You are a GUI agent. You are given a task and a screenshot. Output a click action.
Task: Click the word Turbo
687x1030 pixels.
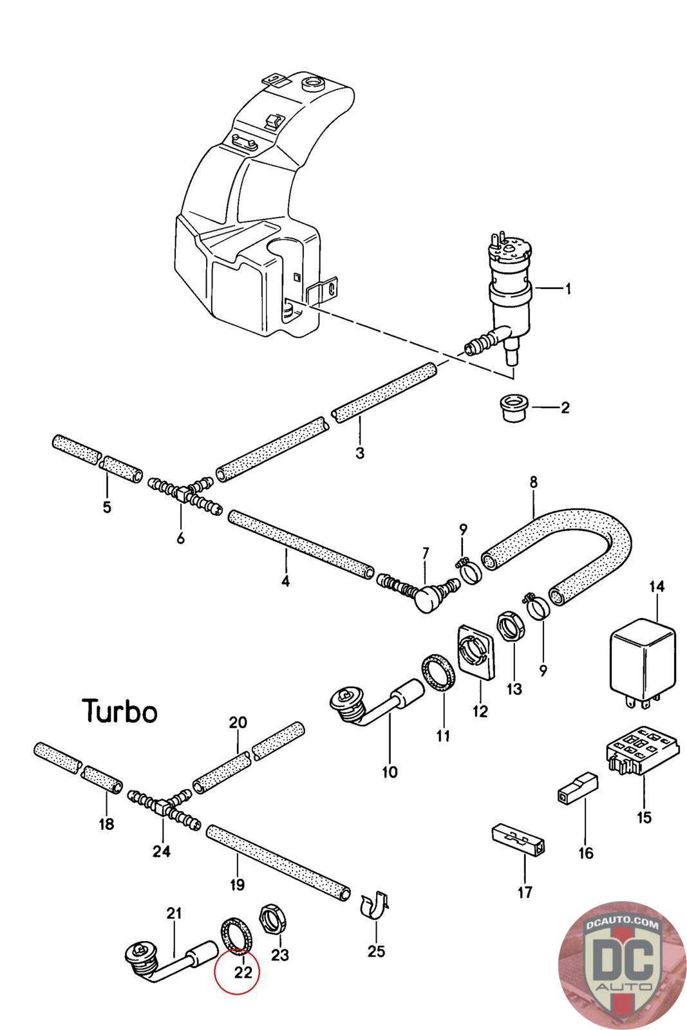tap(120, 711)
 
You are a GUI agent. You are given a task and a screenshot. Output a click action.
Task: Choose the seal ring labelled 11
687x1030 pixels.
tap(439, 675)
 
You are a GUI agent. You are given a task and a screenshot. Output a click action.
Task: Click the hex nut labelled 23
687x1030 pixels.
tap(272, 919)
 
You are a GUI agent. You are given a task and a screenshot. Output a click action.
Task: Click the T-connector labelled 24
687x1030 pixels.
tap(164, 805)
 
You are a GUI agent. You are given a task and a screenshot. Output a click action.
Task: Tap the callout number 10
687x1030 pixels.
tap(390, 771)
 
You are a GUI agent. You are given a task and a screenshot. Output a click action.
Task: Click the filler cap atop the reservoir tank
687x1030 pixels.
tap(314, 84)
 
